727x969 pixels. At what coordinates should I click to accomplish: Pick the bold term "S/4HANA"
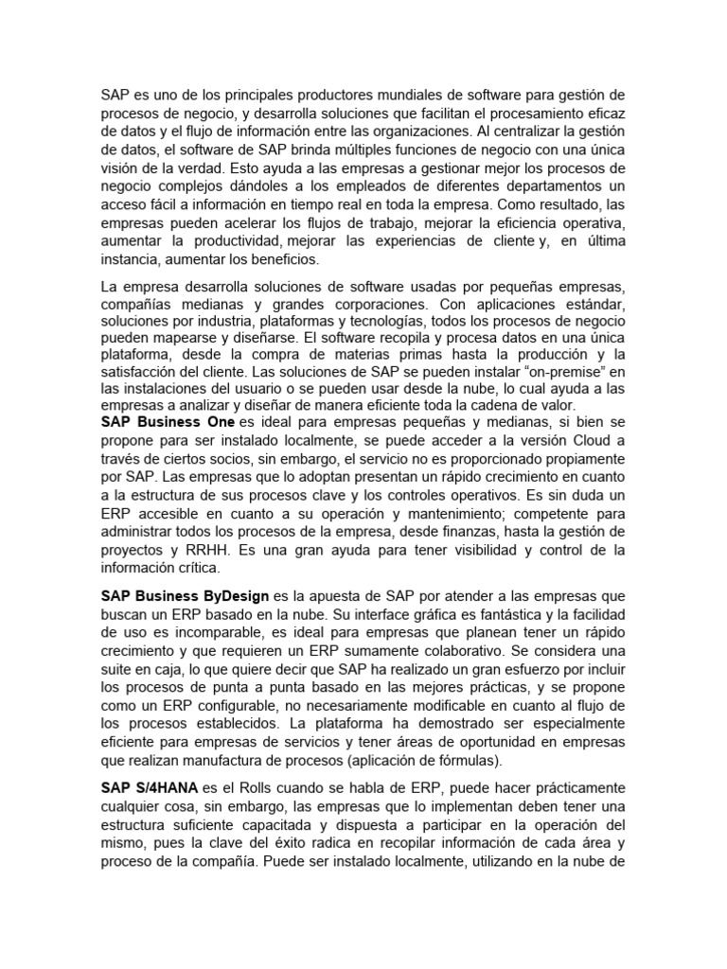click(163, 787)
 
